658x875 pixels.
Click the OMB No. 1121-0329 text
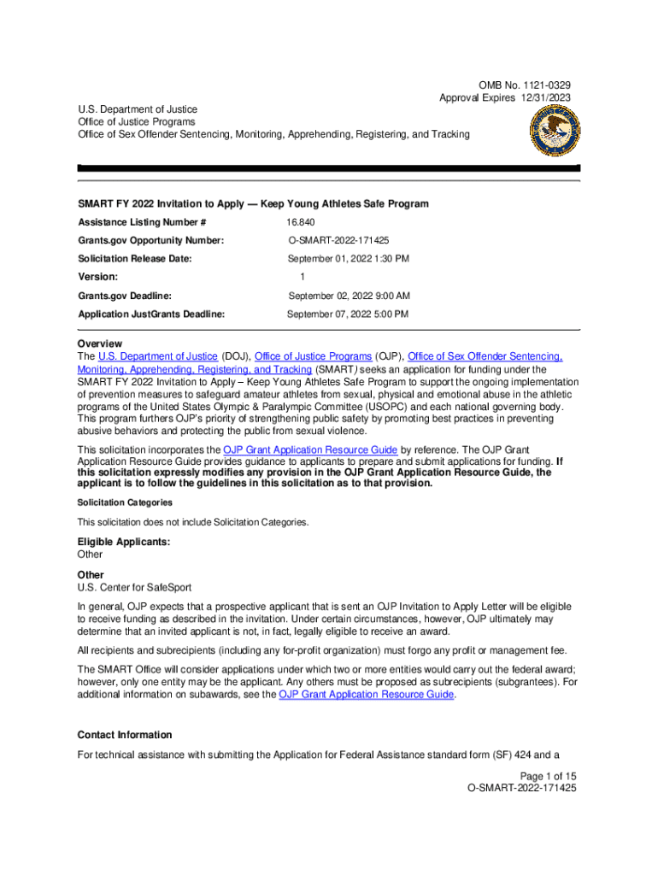525,85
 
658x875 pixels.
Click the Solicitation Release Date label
135,258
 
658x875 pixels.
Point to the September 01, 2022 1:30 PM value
348,258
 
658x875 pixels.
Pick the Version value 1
303,277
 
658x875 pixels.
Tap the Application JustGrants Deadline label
151,314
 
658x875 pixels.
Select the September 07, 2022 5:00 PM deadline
348,314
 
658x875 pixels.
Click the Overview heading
99,344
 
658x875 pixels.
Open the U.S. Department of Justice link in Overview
158,356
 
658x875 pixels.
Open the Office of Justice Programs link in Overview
313,356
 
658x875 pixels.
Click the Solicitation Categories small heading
125,502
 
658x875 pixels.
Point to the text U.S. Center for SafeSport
134,587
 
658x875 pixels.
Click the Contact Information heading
125,735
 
